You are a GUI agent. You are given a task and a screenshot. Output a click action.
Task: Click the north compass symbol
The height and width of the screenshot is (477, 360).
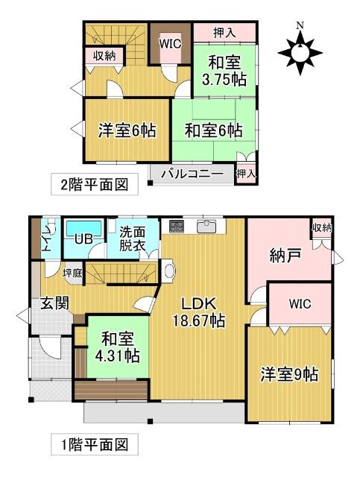[300, 51]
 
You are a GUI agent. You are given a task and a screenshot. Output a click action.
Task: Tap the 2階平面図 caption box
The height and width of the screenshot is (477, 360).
[94, 184]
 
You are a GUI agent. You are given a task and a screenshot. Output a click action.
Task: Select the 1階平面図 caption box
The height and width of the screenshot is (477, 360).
[94, 445]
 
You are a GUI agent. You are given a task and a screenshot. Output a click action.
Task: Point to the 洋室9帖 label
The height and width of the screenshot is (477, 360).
[289, 373]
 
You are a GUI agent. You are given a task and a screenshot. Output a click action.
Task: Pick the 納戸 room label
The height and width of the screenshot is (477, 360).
[284, 257]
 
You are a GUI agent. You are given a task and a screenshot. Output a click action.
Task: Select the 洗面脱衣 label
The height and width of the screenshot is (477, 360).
[133, 237]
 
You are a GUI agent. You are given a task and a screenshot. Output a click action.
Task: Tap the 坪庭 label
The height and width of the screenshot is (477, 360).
[73, 272]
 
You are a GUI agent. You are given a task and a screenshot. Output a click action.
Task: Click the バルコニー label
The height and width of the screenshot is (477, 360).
[192, 174]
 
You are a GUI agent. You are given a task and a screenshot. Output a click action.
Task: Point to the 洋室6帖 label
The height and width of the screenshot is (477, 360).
[127, 130]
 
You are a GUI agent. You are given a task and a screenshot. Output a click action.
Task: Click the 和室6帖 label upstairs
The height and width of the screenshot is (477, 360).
[214, 130]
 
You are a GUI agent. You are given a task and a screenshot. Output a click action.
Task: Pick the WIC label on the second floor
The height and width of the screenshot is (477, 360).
[171, 43]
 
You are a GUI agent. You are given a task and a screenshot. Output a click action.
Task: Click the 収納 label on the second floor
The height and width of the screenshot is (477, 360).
[104, 55]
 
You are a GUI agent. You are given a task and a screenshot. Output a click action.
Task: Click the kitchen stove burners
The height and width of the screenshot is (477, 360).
[176, 224]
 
